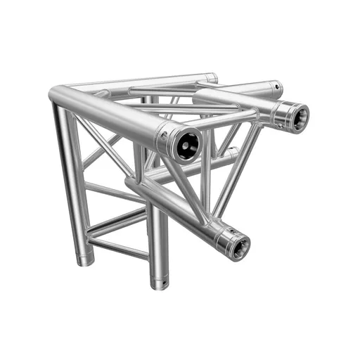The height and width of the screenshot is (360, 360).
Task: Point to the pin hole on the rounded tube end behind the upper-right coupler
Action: [276, 86]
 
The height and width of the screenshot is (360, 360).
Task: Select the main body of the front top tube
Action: [112, 116]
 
